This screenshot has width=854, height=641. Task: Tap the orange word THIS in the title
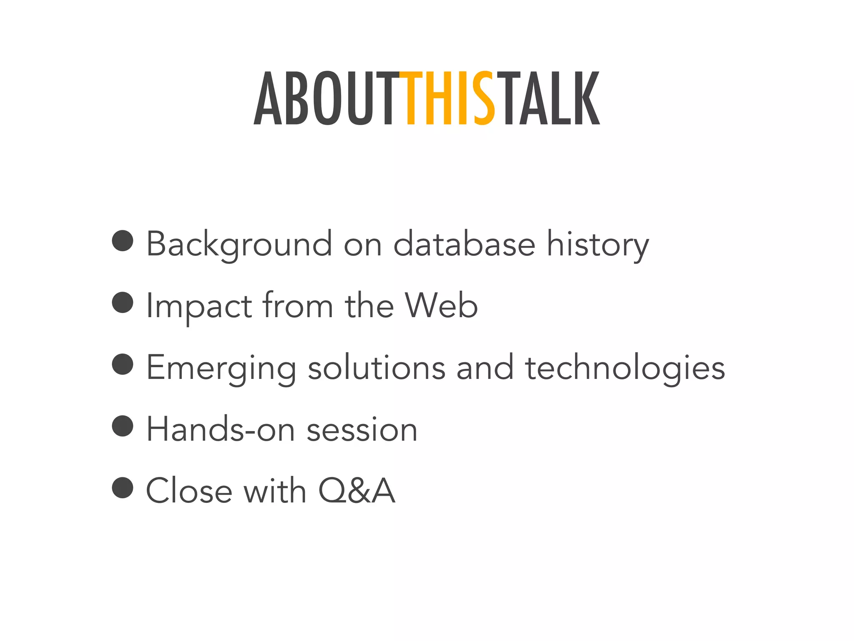[x=447, y=99]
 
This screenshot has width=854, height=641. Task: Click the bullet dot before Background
[x=123, y=241]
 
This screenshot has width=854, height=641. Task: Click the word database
[x=464, y=244]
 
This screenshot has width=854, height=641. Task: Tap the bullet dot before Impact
[x=123, y=302]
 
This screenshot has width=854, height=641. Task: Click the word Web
[x=441, y=306]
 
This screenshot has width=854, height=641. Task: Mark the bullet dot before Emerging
[x=123, y=364]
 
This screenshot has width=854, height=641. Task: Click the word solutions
[x=377, y=368]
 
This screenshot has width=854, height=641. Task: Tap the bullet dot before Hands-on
[x=123, y=426]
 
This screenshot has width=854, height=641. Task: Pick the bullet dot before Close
[x=123, y=487]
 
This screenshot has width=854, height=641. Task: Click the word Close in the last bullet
[x=189, y=491]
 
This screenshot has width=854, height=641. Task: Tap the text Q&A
[x=357, y=491]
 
